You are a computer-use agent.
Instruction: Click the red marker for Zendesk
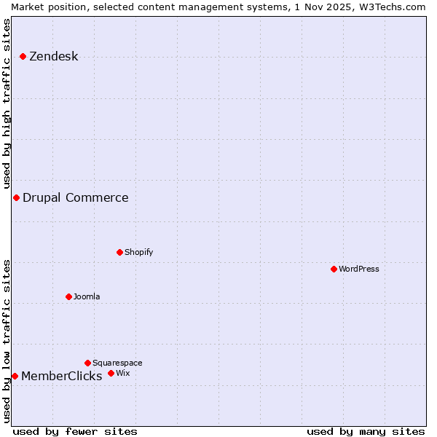click(x=23, y=56)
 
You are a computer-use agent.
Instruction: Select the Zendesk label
click(x=53, y=57)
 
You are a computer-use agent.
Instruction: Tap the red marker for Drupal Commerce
click(x=16, y=197)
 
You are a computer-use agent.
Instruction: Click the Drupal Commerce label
click(x=75, y=197)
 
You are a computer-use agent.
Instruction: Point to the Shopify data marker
click(x=119, y=252)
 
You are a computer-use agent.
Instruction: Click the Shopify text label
click(x=138, y=252)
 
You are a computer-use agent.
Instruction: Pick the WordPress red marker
click(x=334, y=269)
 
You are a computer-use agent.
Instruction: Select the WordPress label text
click(x=358, y=269)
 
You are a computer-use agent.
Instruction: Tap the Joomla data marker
click(x=68, y=296)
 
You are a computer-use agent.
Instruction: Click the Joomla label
click(x=87, y=296)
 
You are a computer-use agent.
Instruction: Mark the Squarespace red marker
click(x=87, y=363)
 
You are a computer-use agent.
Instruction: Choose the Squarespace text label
click(x=117, y=363)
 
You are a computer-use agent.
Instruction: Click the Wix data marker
click(x=111, y=373)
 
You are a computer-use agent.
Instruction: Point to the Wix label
click(x=122, y=373)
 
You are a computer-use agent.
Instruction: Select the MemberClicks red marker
click(x=15, y=376)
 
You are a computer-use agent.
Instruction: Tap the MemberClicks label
click(x=61, y=376)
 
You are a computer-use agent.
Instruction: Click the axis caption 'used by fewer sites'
click(x=75, y=431)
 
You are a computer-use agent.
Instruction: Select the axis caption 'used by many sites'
click(x=366, y=431)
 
